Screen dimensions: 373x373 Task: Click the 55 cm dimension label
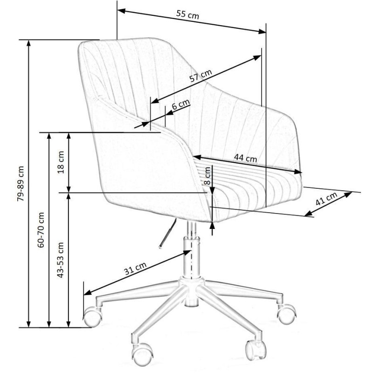coord(187,15)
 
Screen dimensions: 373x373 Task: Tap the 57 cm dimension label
coord(200,76)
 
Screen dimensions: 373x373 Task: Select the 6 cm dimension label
coord(181,104)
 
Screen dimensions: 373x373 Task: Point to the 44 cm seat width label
coord(246,158)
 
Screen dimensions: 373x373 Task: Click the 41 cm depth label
coord(326,199)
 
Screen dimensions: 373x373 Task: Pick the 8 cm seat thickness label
coord(207,176)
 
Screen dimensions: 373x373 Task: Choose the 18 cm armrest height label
coord(61,162)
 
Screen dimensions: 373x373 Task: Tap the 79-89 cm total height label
coord(21,184)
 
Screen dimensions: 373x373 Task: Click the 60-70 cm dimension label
coord(41,230)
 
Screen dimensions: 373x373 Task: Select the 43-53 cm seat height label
coord(61,260)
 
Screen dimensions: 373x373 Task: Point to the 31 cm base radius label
coord(135,269)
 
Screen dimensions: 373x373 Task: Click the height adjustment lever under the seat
coord(168,234)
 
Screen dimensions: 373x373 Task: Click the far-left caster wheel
coord(93,317)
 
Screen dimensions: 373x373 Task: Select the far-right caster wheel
coord(287,314)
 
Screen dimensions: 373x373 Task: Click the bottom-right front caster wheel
coord(256,350)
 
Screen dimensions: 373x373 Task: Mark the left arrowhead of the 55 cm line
coord(121,11)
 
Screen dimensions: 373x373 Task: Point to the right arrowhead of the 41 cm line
coord(348,194)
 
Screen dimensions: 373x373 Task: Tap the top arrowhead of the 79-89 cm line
coord(28,43)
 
